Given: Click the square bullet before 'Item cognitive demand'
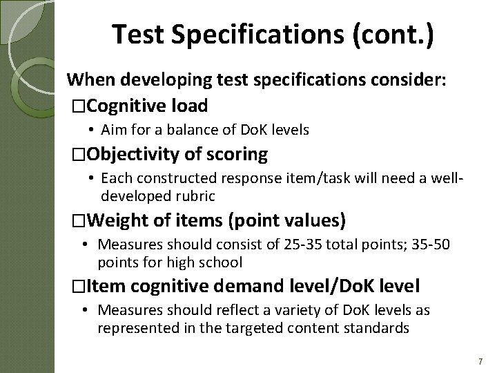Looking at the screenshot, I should [79, 287].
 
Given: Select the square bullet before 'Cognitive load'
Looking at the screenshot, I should [79, 106].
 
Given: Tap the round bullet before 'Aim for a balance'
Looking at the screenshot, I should [92, 129].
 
